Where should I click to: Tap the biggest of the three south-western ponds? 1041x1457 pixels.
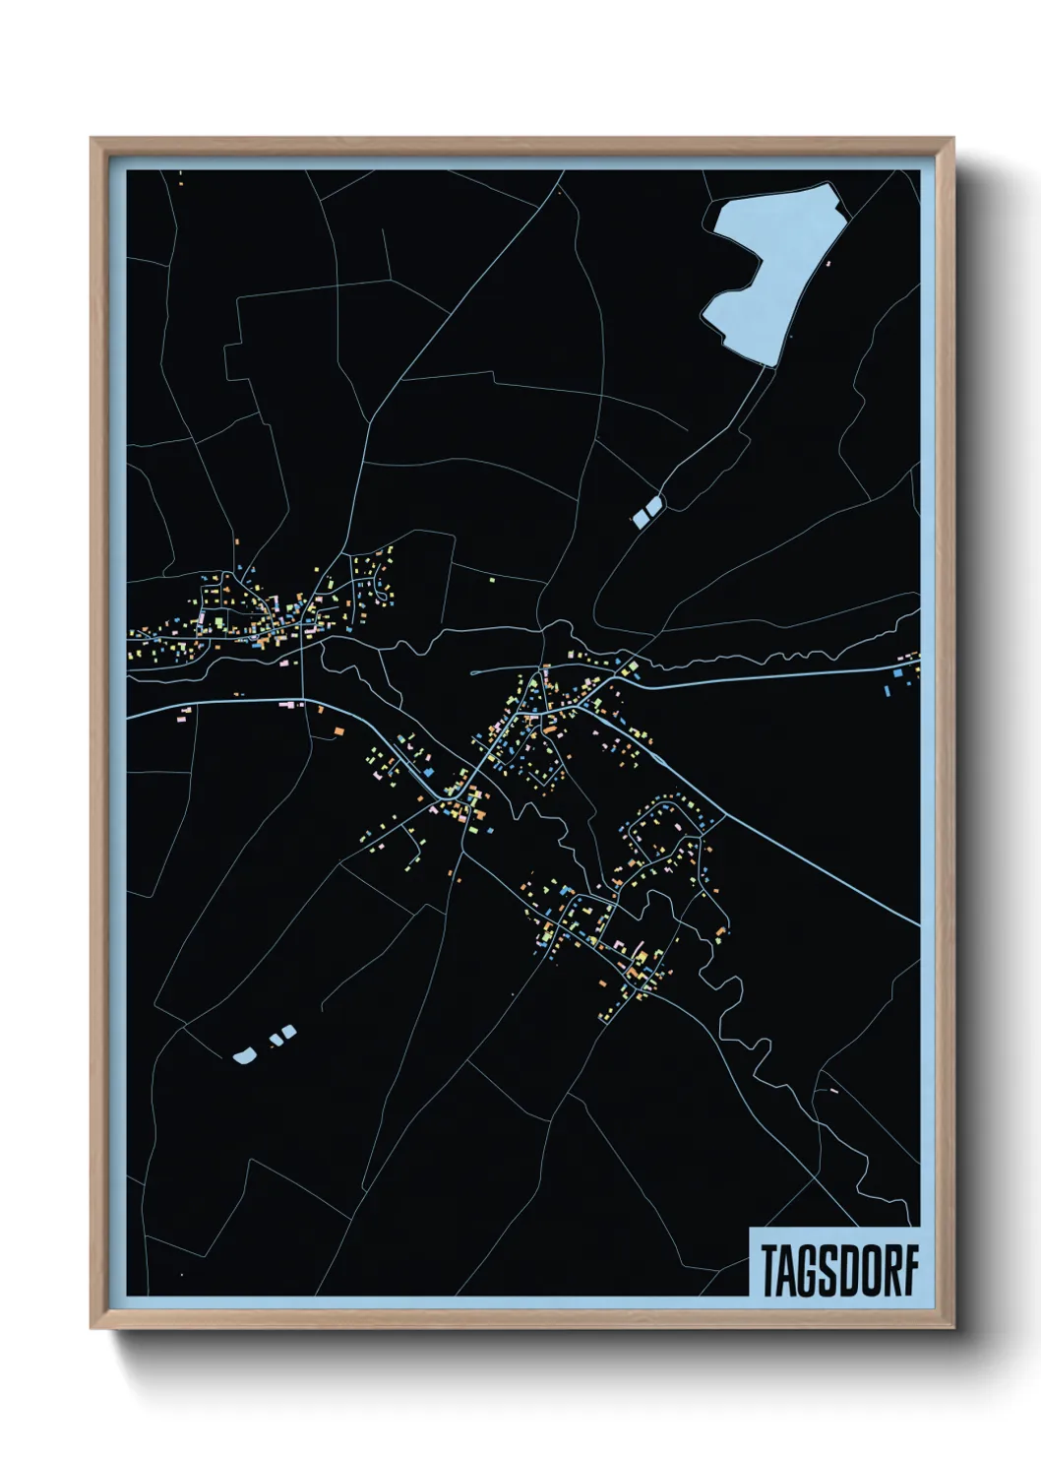click(245, 1056)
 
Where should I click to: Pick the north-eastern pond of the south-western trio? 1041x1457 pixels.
click(288, 1031)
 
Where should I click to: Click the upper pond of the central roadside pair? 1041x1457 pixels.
click(654, 504)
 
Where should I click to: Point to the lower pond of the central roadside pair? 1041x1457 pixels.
click(642, 516)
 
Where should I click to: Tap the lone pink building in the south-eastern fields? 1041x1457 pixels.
click(833, 1091)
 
